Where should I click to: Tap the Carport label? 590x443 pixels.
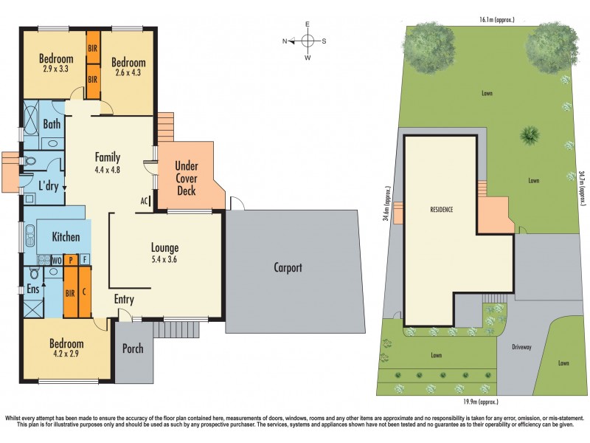point(288,268)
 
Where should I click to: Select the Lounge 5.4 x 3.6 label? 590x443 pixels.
point(165,253)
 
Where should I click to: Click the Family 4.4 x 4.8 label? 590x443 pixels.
point(108,162)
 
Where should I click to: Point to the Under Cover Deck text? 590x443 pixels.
point(186,178)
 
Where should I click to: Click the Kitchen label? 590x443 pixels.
point(66,237)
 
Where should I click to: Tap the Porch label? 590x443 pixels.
point(133,348)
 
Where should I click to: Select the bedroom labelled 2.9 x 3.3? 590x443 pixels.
point(56,65)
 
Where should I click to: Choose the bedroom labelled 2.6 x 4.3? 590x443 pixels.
point(128,68)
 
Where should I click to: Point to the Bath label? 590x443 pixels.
point(52,125)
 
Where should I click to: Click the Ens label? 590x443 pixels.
point(32,289)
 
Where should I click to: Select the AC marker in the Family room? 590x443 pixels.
point(145,200)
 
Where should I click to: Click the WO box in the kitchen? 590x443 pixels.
point(55,260)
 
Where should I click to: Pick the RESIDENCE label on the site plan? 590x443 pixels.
point(441,210)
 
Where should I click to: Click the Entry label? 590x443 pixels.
point(123,300)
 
